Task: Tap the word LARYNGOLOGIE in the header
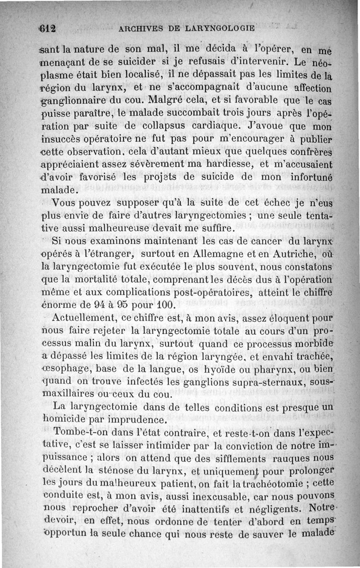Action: pyautogui.click(x=222, y=28)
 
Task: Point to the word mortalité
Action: pyautogui.click(x=97, y=279)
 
